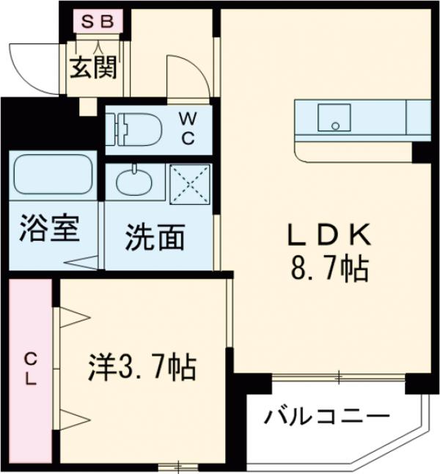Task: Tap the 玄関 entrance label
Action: [x=93, y=68]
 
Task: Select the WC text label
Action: [x=188, y=128]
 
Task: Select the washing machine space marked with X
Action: [x=190, y=183]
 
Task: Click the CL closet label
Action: [x=31, y=370]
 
